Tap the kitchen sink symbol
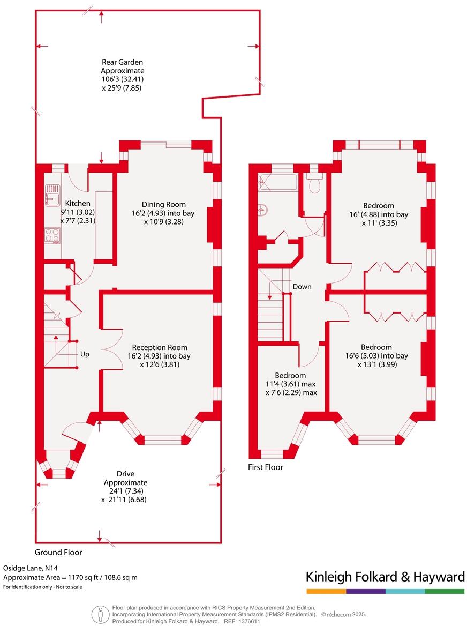click(52, 195)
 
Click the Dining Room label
click(164, 204)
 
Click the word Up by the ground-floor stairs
click(85, 354)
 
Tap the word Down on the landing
click(302, 287)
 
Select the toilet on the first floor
click(314, 184)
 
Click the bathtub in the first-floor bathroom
click(277, 182)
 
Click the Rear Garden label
click(123, 62)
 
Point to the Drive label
click(125, 474)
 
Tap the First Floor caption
click(265, 467)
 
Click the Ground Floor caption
click(58, 552)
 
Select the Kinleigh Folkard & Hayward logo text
click(385, 577)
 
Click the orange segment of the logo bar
click(326, 591)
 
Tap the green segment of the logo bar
click(445, 591)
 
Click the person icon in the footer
click(99, 613)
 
